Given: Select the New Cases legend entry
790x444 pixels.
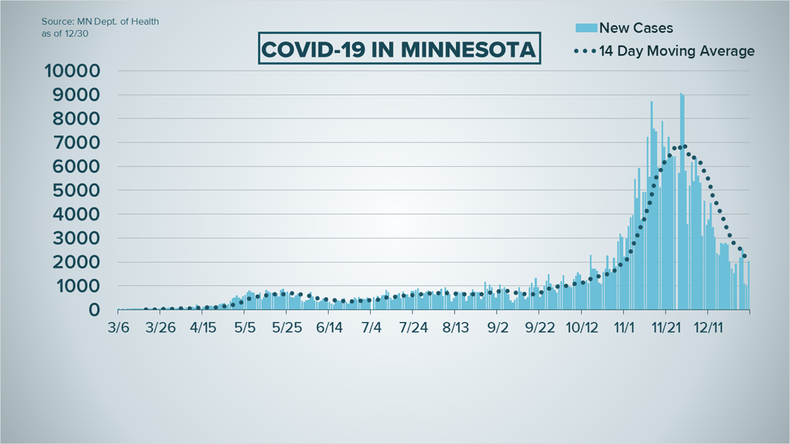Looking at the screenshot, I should pos(635,28).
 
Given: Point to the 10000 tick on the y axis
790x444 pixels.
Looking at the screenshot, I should pos(72,71).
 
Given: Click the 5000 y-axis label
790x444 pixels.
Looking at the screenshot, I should pos(78,190).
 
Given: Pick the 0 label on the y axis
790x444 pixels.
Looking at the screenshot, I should pos(94,310).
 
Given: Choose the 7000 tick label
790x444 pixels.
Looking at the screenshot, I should pos(78,143).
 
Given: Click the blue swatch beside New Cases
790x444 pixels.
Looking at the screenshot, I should pos(586,28).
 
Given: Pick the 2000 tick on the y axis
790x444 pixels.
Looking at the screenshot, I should pos(78,262).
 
